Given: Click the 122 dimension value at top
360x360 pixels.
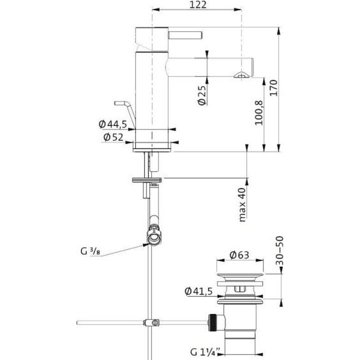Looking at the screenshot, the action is point(198,4).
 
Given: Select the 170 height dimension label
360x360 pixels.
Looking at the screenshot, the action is point(273,88).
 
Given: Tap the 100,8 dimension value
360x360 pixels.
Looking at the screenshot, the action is point(259,112).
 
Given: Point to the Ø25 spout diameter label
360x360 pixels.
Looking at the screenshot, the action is point(202,95).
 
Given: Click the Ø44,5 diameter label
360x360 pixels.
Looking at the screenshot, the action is point(112,124).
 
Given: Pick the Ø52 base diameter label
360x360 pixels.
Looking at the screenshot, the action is point(113,137).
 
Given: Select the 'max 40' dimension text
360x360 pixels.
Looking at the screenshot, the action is point(242,204).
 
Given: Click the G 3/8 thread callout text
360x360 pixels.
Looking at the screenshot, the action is point(90,251).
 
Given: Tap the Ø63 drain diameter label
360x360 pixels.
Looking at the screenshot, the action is point(239,255).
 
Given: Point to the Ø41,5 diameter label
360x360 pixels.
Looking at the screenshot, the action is point(198,291).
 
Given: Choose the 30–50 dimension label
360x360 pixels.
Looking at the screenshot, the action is point(280,250).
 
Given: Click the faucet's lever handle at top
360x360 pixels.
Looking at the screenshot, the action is point(185,35).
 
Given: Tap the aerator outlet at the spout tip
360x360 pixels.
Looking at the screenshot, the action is point(241,75).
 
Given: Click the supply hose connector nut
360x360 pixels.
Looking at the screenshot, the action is point(154,236).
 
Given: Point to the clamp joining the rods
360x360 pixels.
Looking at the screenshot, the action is point(151,322).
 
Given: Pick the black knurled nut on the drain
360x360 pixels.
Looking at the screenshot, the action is point(212,322).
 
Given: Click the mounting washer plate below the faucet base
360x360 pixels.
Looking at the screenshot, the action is point(147,180).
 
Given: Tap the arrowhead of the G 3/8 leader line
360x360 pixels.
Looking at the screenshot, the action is point(145,245).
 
